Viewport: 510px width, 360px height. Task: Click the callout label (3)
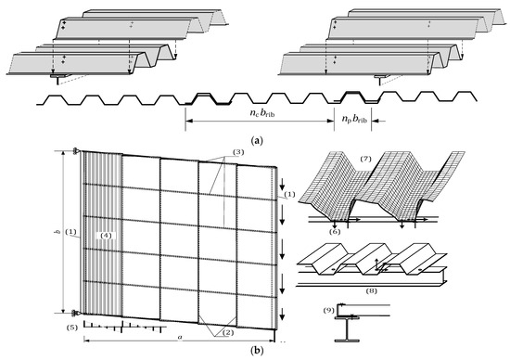coord(238,152)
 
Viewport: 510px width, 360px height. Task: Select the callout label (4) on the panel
coord(106,235)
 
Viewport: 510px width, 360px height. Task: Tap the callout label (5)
coord(72,328)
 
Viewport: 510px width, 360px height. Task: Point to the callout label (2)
coord(228,332)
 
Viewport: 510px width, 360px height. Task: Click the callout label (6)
coord(335,231)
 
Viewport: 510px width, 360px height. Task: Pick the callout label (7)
coord(365,159)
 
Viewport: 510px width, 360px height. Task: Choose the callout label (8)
coord(372,290)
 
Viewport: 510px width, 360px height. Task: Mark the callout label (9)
coord(329,310)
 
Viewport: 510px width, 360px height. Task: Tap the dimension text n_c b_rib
coord(261,113)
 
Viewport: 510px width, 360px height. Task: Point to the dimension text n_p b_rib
coord(354,119)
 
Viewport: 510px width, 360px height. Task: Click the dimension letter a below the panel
coord(180,337)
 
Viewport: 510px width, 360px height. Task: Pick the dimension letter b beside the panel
coord(58,232)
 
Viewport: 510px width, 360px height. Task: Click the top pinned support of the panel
coord(77,150)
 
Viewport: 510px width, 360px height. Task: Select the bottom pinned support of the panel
coord(77,313)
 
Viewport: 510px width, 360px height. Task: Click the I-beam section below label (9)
coord(347,330)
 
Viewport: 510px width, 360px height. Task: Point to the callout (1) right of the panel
coord(289,194)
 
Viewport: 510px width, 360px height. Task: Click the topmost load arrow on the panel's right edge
coord(282,185)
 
